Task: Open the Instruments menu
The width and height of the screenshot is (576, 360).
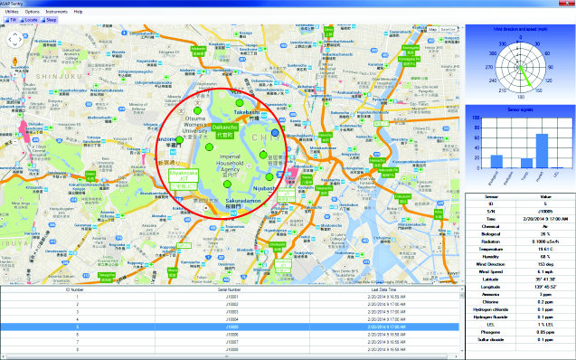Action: pyautogui.click(x=56, y=11)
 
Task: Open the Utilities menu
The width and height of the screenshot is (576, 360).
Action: pyautogui.click(x=12, y=11)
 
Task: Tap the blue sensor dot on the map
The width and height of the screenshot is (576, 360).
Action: pyautogui.click(x=274, y=120)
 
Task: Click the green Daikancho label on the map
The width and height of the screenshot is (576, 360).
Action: pyautogui.click(x=225, y=130)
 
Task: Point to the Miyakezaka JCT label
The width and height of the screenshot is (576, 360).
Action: pyautogui.click(x=184, y=181)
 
